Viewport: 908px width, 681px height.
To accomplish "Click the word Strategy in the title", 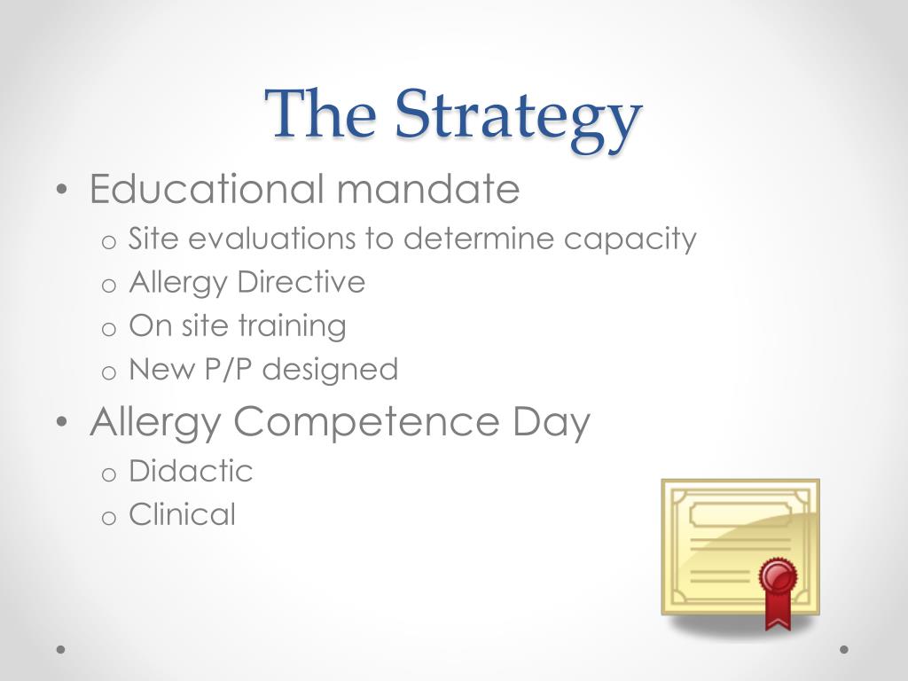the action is pos(519,120).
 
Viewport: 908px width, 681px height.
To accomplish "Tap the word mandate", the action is pos(428,189).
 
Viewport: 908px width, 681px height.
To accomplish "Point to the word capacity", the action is pos(630,239).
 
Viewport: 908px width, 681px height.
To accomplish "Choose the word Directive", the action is pos(301,282).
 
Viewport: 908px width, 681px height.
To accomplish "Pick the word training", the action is pos(293,327).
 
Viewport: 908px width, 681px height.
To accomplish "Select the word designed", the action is pos(330,371).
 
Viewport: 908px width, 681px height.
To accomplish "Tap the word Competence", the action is pos(366,421).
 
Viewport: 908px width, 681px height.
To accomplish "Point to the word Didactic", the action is pos(192,471).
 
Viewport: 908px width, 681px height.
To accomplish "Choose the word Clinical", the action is pos(183,514).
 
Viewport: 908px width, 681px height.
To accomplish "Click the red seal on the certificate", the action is pos(778,576).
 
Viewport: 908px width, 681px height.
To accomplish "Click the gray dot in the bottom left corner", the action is pos(60,649).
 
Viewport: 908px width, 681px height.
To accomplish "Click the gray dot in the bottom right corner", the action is pos(844,649).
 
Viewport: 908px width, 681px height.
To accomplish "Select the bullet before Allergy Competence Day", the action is pos(63,421).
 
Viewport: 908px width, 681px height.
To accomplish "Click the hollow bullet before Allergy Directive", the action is pos(109,286).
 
